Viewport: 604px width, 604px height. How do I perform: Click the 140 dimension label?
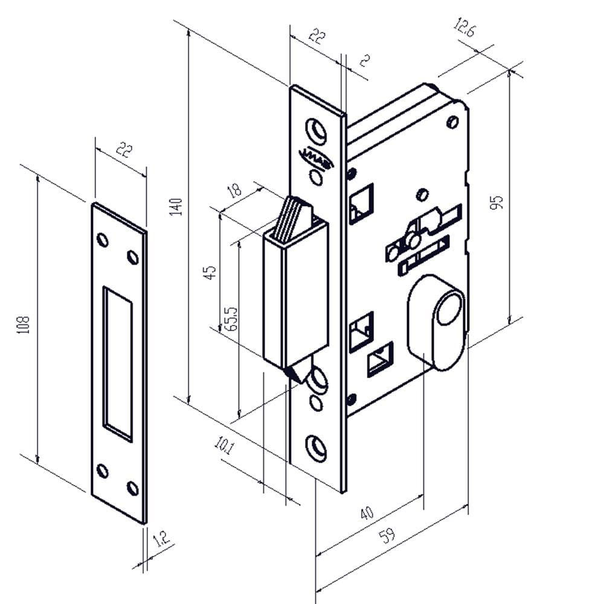pyautogui.click(x=176, y=208)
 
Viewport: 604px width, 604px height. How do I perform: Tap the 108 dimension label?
pyautogui.click(x=26, y=327)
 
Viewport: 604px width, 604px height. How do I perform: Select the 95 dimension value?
pyautogui.click(x=498, y=202)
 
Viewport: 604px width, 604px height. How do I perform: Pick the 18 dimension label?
pyautogui.click(x=234, y=190)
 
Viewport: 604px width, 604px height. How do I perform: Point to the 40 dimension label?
pyautogui.click(x=366, y=513)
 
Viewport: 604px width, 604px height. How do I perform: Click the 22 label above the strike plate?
pyautogui.click(x=123, y=150)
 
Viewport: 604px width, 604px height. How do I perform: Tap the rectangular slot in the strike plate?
pyautogui.click(x=117, y=362)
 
